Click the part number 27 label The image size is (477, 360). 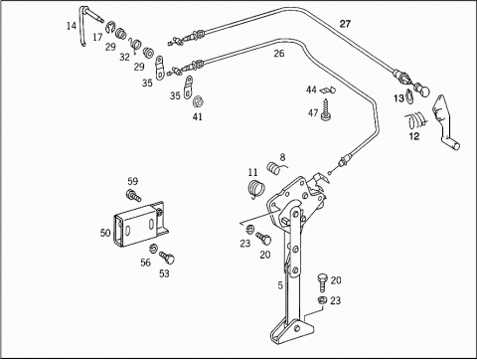point(345,24)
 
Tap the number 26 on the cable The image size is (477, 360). point(279,53)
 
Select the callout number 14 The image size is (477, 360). point(72,26)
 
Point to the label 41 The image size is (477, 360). point(198,116)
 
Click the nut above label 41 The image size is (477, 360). point(198,101)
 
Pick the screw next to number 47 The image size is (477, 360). point(326,109)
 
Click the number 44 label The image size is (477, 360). point(311,90)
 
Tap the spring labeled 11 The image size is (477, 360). point(255,189)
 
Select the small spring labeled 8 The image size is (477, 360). point(275,167)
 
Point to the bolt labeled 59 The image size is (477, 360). point(133,195)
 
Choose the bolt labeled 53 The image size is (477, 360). point(167,258)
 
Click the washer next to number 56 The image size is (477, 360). point(153,249)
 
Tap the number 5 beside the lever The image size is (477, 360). point(280,285)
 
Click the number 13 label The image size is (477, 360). point(398,98)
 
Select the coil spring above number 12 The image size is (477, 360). point(415,120)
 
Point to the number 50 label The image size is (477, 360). point(105,233)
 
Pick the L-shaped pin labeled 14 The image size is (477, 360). point(82,27)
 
